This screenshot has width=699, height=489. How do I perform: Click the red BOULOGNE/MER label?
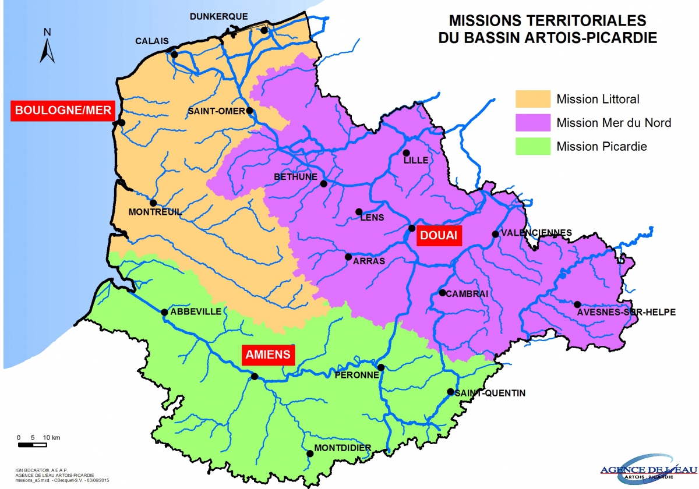[x=63, y=111]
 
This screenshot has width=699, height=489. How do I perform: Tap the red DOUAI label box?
[x=439, y=236]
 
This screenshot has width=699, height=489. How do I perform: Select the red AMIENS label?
[x=269, y=354]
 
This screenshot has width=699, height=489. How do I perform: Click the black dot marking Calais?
[x=174, y=55]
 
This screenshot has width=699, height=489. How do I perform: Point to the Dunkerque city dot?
[x=264, y=30]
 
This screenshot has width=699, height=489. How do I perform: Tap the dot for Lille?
[x=407, y=153]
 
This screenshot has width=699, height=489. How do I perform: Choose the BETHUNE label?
[x=295, y=177]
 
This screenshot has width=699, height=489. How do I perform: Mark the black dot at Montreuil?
[x=153, y=203]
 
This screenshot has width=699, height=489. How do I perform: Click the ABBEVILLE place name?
[x=196, y=311]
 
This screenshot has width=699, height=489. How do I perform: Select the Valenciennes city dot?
[x=495, y=234]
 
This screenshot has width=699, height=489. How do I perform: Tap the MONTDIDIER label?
[x=343, y=448]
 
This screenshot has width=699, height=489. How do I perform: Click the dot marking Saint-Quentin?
[x=450, y=392]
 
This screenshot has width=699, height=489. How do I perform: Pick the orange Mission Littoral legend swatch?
[x=533, y=99]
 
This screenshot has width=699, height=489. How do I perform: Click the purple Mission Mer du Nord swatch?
[x=533, y=123]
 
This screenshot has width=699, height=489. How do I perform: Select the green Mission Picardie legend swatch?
[x=533, y=147]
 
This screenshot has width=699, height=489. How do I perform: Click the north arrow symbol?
[x=47, y=47]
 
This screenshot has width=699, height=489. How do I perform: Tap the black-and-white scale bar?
[x=32, y=445]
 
